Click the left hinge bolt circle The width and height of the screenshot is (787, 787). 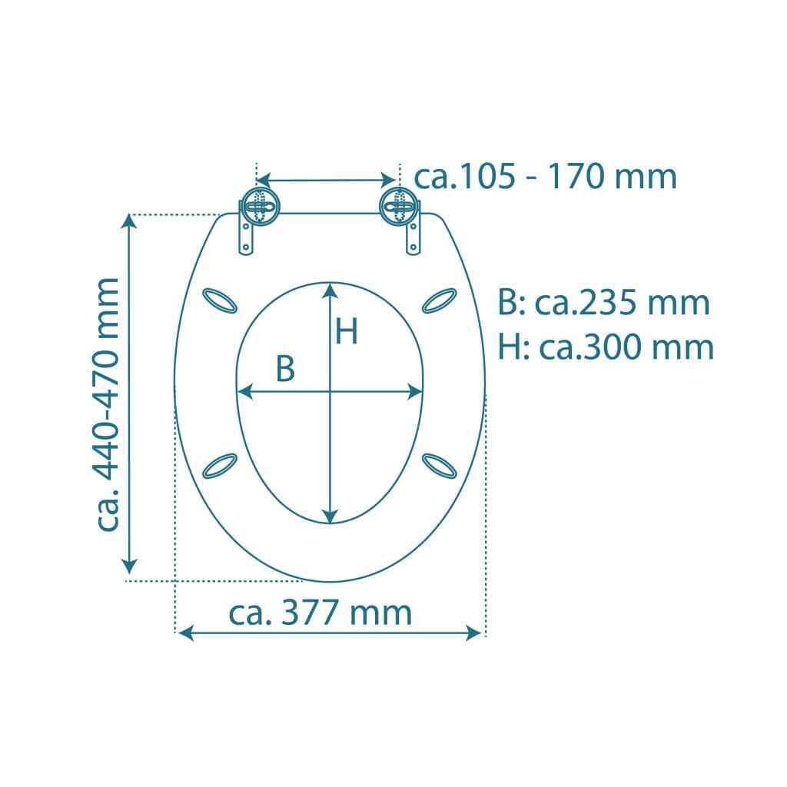coord(260,206)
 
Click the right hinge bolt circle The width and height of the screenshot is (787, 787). coord(398,206)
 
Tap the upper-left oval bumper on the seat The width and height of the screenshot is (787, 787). coord(219,301)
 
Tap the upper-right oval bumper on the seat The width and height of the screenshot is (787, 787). coord(439,301)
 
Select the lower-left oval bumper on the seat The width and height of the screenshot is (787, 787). coord(219,466)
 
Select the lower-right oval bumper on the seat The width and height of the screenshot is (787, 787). coord(439,466)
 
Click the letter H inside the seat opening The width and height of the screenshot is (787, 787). coord(347,331)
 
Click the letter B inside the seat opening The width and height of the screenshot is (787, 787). coord(285,368)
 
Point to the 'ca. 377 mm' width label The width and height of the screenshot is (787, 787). coord(320,613)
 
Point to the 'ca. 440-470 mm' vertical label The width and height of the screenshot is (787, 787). coord(107,404)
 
